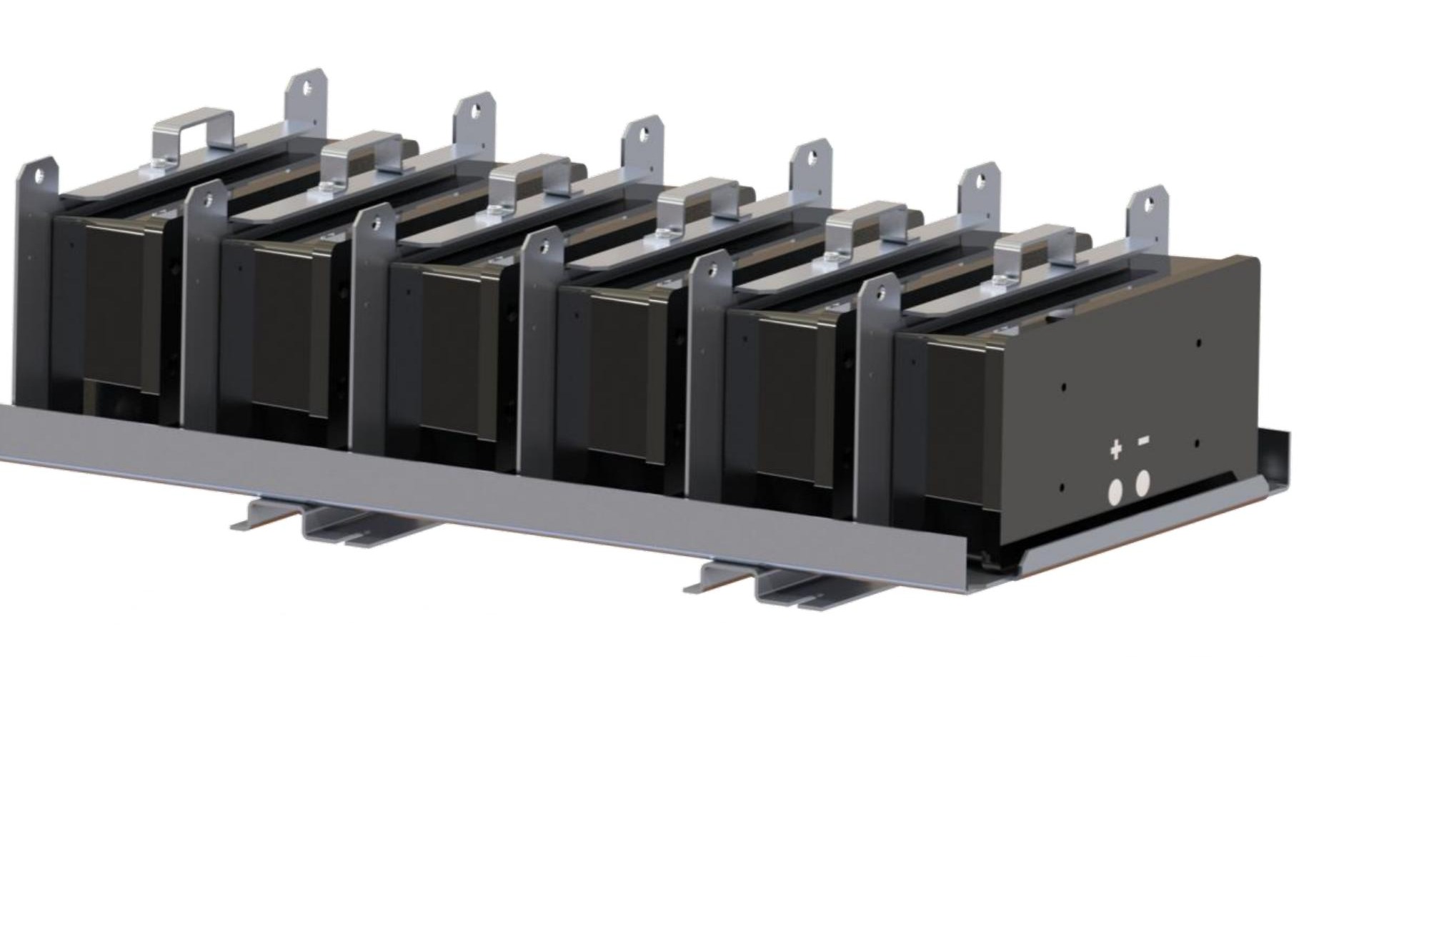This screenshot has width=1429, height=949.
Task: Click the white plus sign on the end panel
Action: tap(1115, 449)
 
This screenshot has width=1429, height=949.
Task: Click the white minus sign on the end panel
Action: tap(1143, 442)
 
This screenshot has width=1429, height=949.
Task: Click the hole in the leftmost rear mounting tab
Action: tap(307, 89)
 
